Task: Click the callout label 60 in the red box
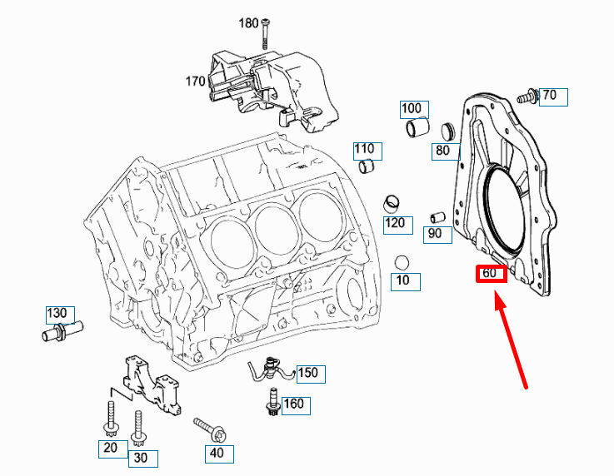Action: click(491, 274)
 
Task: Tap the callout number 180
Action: click(248, 23)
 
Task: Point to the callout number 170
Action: click(195, 82)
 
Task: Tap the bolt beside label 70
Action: click(527, 97)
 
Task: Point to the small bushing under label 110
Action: click(367, 168)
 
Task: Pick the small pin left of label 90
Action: click(435, 218)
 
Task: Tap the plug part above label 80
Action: click(447, 130)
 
